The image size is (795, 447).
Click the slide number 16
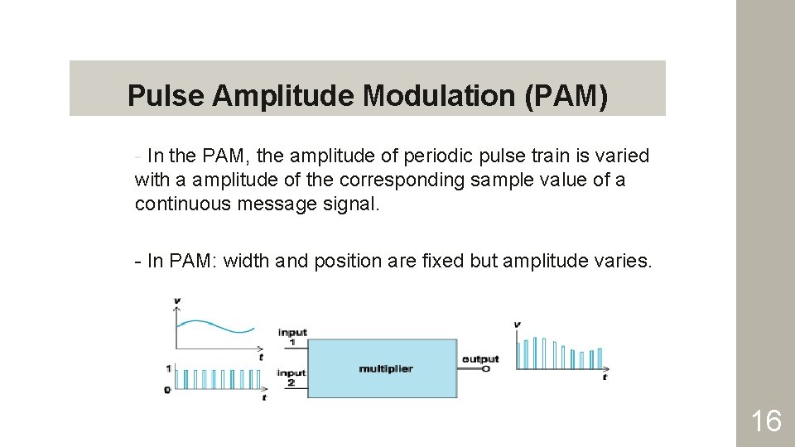pyautogui.click(x=765, y=421)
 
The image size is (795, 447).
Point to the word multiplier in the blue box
pyautogui.click(x=385, y=368)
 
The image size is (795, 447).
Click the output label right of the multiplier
pyautogui.click(x=480, y=358)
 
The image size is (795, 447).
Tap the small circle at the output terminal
pyautogui.click(x=486, y=368)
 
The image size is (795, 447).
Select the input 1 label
pyautogui.click(x=292, y=336)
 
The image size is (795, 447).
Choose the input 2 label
pyautogui.click(x=292, y=377)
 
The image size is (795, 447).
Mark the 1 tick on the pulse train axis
pyautogui.click(x=168, y=368)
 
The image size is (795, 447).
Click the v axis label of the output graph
pyautogui.click(x=518, y=324)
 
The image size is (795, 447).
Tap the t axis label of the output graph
pyautogui.click(x=605, y=377)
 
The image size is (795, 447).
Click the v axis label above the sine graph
pyautogui.click(x=176, y=300)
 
